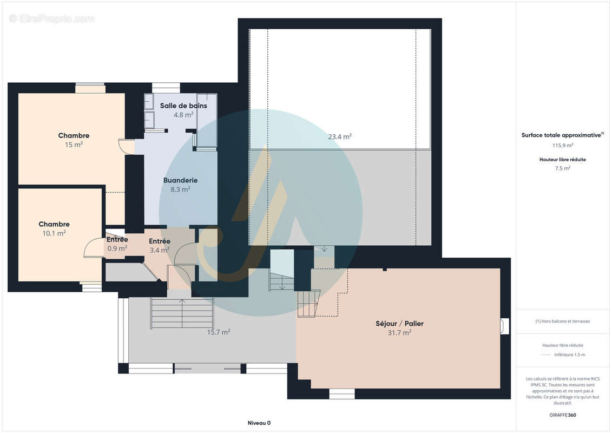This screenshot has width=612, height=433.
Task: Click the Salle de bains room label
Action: pos(183,106)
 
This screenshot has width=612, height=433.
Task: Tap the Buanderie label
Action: pos(180,180)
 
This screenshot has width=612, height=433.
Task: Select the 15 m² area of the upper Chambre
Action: pos(74,145)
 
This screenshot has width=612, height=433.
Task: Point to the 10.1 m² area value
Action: pos(54,233)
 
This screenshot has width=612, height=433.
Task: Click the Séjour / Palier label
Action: pos(399,324)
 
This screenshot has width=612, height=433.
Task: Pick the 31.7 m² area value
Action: pos(399,333)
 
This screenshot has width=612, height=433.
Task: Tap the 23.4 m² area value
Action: pos(340,136)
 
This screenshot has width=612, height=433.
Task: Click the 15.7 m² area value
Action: pos(218,332)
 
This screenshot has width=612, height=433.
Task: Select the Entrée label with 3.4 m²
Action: pos(160,241)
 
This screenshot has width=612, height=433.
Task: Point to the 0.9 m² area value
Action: pos(117,248)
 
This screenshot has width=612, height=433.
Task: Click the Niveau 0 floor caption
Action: pos(259,423)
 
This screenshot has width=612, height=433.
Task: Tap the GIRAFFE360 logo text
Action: pos(562,415)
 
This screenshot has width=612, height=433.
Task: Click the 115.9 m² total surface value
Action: pos(562,145)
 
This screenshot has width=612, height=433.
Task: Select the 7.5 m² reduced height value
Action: pos(562,168)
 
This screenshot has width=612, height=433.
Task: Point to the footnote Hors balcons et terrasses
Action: pos(562,322)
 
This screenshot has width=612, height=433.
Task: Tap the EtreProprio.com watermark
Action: pos(51,19)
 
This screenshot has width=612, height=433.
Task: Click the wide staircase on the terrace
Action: pos(182,313)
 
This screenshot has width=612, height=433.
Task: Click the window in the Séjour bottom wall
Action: pos(342,393)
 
